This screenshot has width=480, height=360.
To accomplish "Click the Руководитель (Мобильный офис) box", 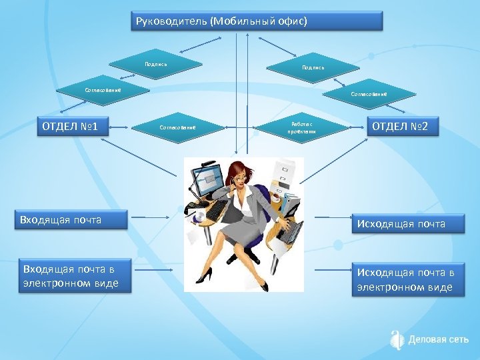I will click(256, 21).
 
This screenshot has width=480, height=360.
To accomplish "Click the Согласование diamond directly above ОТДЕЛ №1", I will click(102, 89).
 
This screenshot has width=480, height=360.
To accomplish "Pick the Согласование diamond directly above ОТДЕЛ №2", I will click(369, 94).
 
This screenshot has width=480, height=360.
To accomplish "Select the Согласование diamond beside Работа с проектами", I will click(177, 127).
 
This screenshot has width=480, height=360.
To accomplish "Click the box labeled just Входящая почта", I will click(71, 220).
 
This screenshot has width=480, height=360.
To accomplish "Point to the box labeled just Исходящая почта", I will click(409, 224).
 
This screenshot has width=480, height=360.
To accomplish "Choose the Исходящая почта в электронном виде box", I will click(409, 280).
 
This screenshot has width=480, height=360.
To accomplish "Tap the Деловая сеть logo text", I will click(439, 339).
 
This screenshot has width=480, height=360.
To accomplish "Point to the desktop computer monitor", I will click(205, 177).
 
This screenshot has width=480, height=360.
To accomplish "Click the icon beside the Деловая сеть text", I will click(397, 339).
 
